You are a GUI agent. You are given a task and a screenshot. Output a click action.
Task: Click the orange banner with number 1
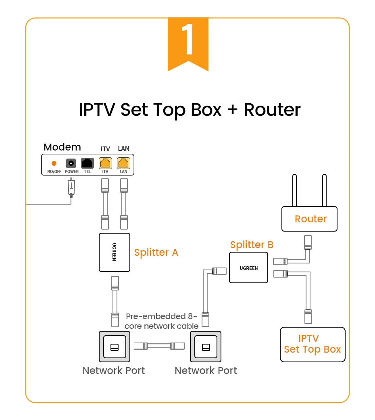188,42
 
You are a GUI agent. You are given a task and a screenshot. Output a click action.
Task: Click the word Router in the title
272,110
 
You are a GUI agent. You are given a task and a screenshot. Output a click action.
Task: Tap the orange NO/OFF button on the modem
54,163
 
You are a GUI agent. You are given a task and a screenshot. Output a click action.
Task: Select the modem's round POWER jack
71,163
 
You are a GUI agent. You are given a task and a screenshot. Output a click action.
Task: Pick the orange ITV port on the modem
105,163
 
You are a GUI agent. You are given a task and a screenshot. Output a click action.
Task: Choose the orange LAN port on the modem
123,163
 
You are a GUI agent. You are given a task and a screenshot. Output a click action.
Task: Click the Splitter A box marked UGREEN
115,252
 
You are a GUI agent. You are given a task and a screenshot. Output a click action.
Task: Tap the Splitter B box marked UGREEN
248,267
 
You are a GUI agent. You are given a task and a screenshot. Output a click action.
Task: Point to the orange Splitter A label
156,253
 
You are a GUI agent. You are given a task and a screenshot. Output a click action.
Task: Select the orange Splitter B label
252,244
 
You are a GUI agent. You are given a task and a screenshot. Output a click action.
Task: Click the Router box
309,219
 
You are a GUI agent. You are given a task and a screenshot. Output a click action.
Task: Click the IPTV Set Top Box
312,344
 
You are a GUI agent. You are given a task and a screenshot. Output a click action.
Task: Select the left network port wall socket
115,347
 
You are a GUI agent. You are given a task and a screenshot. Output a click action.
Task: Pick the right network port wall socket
206,347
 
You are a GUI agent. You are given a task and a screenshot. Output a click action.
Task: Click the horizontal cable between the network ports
160,346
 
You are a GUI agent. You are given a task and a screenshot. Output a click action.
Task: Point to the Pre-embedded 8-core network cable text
161,321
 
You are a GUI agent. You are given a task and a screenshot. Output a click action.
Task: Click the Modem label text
62,147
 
